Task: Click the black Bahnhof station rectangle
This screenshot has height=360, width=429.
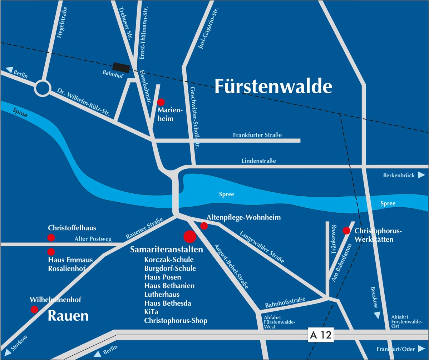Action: pos(121,67)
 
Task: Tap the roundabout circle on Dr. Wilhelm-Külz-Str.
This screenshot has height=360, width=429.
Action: pos(43,88)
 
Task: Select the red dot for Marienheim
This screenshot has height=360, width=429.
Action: pos(161,102)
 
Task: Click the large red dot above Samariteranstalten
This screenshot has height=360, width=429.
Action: pos(189,237)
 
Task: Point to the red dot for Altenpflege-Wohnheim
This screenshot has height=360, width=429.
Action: pos(204,226)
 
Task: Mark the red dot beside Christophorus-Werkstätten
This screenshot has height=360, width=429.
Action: pos(346,231)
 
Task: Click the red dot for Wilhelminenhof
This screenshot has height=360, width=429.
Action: pos(34,309)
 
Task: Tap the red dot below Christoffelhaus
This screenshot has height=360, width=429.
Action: pos(51,237)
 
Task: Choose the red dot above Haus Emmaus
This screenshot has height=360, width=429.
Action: pos(51,251)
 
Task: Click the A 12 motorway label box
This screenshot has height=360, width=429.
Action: pos(321,335)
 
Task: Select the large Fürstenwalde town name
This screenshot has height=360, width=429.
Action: pos(273,87)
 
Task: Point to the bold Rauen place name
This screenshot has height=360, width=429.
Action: pos(68,316)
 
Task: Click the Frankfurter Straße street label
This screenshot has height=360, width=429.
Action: pos(257,135)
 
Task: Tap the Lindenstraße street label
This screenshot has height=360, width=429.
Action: pos(259,161)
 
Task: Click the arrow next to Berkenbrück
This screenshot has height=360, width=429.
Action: pos(421,175)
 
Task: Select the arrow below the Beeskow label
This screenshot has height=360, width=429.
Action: pos(376,315)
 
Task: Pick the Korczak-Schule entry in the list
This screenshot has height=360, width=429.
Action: pos(169,260)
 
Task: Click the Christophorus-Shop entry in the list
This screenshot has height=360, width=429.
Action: pos(176,321)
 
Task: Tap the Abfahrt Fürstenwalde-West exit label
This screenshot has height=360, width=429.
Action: pos(279,322)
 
